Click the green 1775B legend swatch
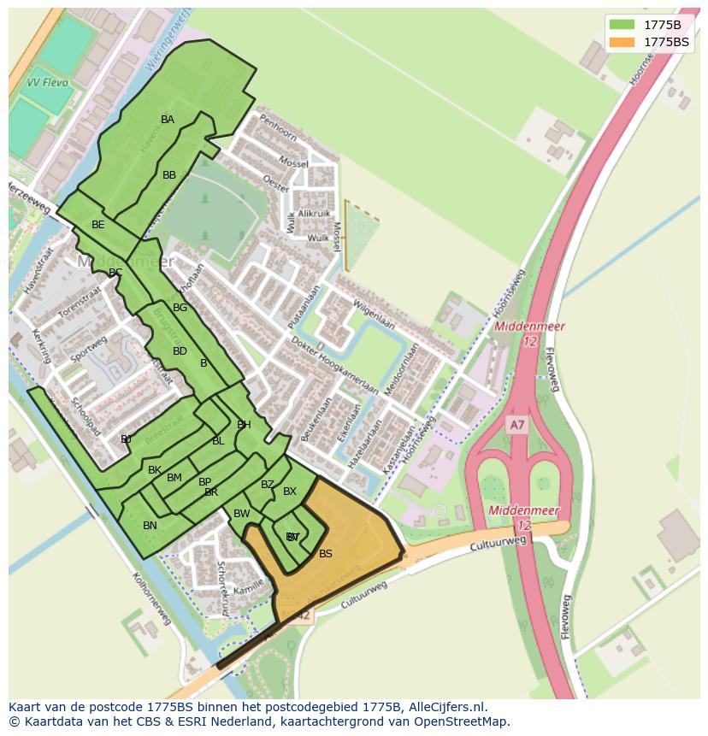click(623, 24)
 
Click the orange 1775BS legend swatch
click(623, 41)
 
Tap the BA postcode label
click(168, 120)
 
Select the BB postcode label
click(169, 175)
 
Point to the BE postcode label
click(98, 225)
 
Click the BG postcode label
click(180, 308)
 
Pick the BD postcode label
click(180, 351)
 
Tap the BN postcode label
click(150, 526)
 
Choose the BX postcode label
click(290, 492)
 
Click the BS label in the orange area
click(326, 554)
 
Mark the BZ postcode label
click(268, 486)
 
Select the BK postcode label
click(155, 470)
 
